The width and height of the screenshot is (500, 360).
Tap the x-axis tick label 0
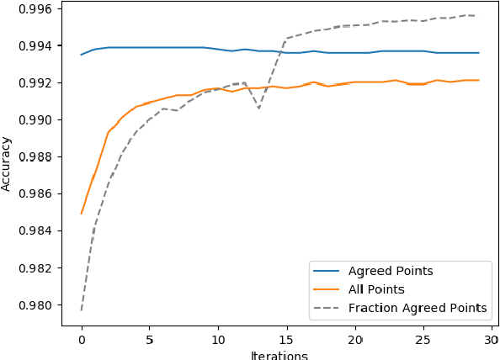82,340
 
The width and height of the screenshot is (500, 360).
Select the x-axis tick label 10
218,340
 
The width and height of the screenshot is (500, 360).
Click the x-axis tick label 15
286,340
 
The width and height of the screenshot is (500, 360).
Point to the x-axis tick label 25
423,340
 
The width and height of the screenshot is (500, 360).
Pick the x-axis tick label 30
492,340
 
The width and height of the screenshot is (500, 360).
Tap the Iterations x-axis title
279,355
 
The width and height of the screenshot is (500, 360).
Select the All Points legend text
375,289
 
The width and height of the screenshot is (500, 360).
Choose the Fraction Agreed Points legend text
417,308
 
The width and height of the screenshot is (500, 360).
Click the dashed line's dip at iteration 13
259,108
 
